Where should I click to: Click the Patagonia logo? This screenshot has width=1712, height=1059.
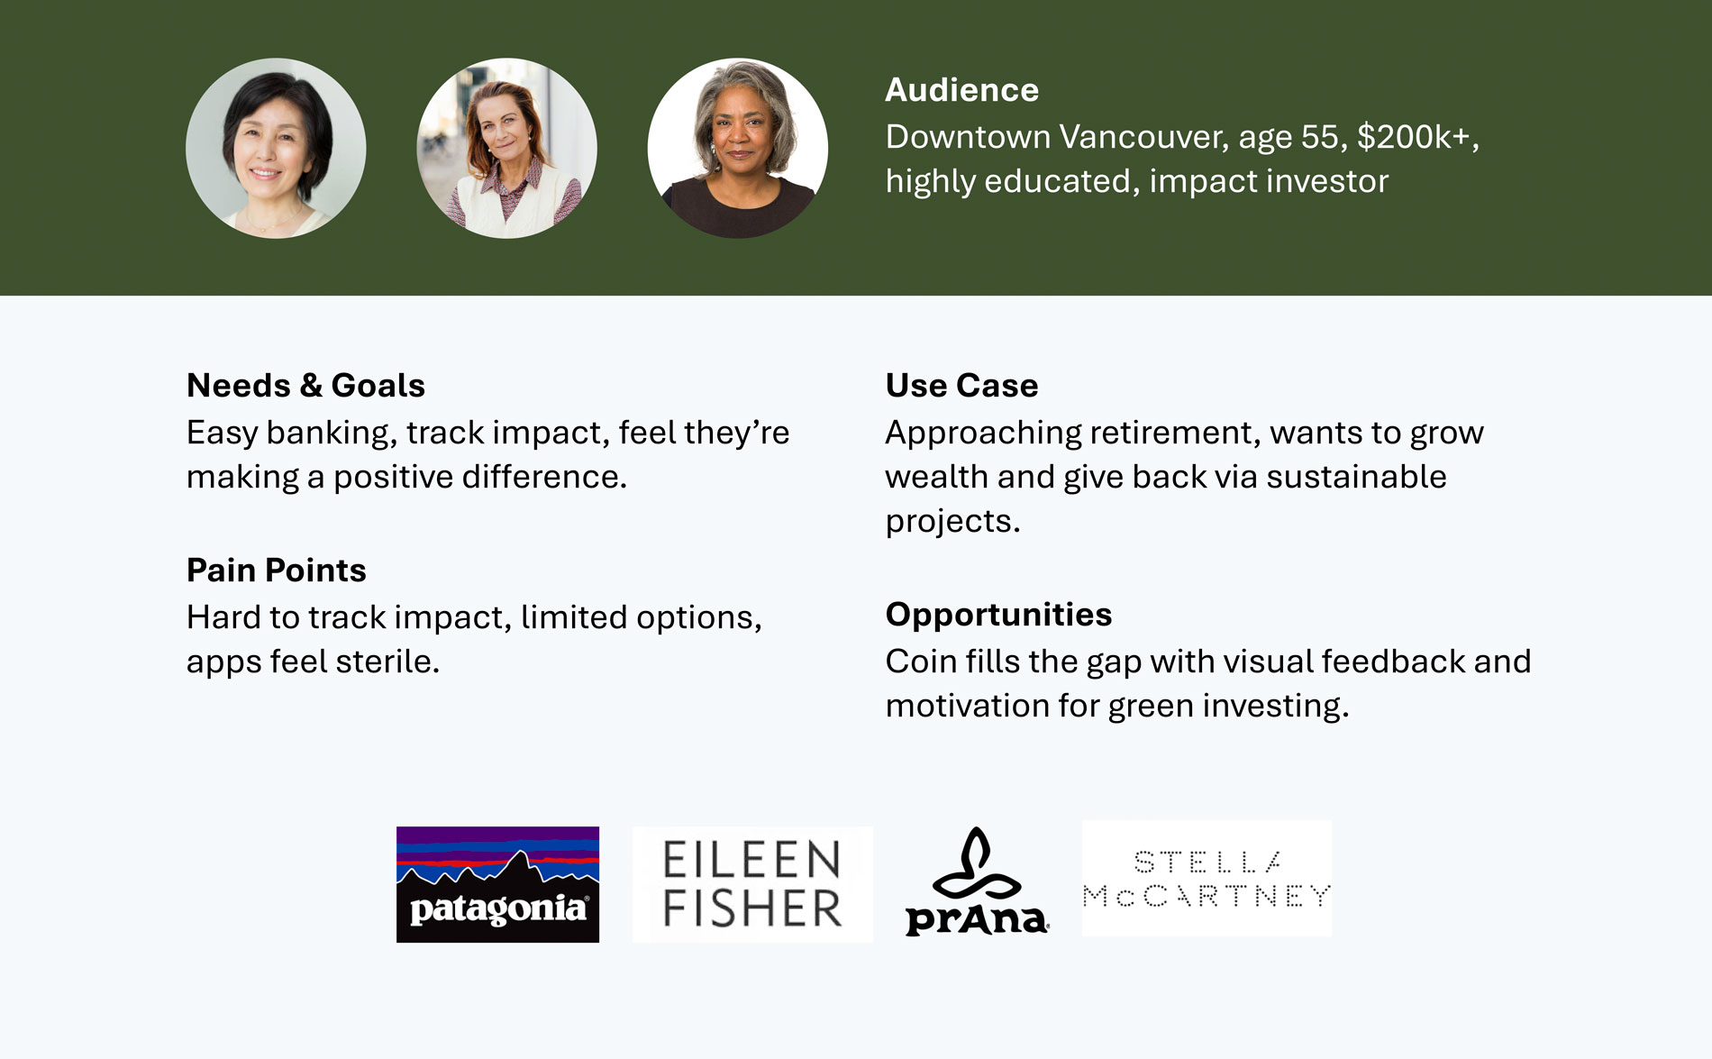point(497,884)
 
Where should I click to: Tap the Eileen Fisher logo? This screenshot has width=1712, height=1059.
point(752,884)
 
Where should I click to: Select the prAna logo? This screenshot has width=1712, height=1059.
point(977,882)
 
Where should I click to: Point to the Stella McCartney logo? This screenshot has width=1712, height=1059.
point(1207,878)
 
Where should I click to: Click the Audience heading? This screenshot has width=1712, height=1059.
point(961,90)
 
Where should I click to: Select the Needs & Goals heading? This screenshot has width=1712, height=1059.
point(305,386)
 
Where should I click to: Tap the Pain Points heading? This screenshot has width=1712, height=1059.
point(277,571)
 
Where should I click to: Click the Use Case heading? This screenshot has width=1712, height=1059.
point(961,386)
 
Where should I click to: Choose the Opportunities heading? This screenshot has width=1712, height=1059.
point(998,615)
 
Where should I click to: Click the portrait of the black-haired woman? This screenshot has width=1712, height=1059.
point(276,149)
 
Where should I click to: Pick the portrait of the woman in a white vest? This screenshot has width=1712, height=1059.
point(506,149)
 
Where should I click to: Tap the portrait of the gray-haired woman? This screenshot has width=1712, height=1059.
point(737,149)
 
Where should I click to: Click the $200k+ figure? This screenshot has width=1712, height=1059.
point(1417,137)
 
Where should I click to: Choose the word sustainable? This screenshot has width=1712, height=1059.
point(1356,477)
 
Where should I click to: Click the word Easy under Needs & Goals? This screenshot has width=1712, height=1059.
point(222,434)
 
